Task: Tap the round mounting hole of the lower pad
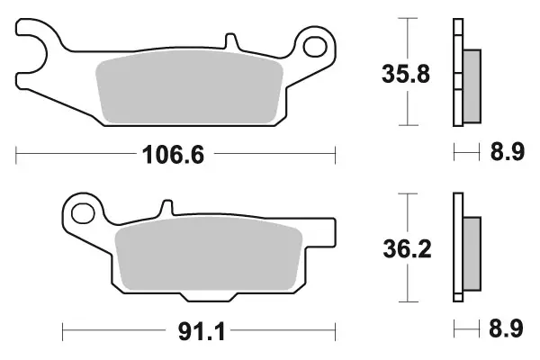[83, 213]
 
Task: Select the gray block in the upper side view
[470, 87]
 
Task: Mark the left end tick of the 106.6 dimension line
[17, 156]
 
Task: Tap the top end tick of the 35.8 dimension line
[409, 17]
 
